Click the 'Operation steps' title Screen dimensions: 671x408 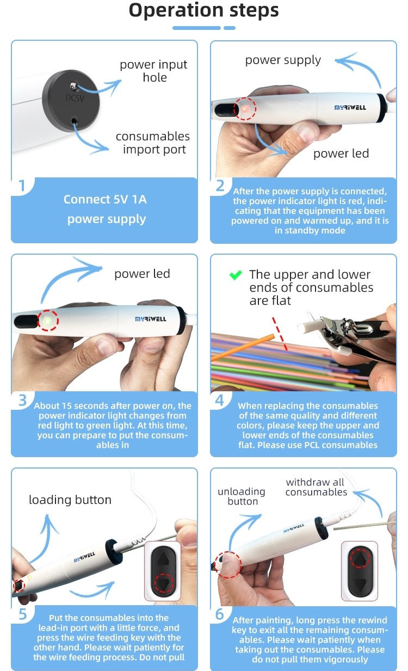tap(203, 10)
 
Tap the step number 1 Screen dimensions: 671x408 tap(22, 186)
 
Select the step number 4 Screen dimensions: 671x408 tap(220, 400)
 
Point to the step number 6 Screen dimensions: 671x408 tap(220, 614)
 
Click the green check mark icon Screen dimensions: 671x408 tap(236, 275)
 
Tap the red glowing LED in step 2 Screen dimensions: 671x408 tap(245, 109)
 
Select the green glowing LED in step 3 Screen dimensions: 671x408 tap(47, 321)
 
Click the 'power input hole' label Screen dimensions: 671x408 tap(153, 71)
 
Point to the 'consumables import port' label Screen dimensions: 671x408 tap(153, 143)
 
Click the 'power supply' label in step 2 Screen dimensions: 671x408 tap(283, 60)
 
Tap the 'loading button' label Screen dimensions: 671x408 tap(70, 500)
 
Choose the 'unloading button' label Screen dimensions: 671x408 tap(242, 496)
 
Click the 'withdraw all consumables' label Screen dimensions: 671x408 tap(316, 487)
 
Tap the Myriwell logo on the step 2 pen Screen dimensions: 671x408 tap(350, 108)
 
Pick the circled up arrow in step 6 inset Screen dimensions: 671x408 tap(359, 558)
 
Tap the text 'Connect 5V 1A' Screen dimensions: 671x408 tap(105, 199)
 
